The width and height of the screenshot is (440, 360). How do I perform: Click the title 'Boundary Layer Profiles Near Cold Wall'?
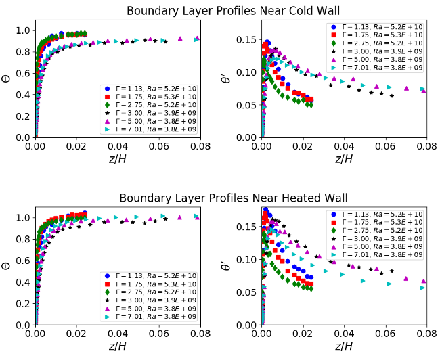233,10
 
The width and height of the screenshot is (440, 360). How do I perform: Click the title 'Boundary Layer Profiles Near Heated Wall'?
233,198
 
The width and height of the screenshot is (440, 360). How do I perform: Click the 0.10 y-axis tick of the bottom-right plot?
250,259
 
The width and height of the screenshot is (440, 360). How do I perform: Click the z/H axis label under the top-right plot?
344,158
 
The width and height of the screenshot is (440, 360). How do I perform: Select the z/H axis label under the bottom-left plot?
118,346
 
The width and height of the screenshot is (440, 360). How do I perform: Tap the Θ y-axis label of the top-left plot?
7,78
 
